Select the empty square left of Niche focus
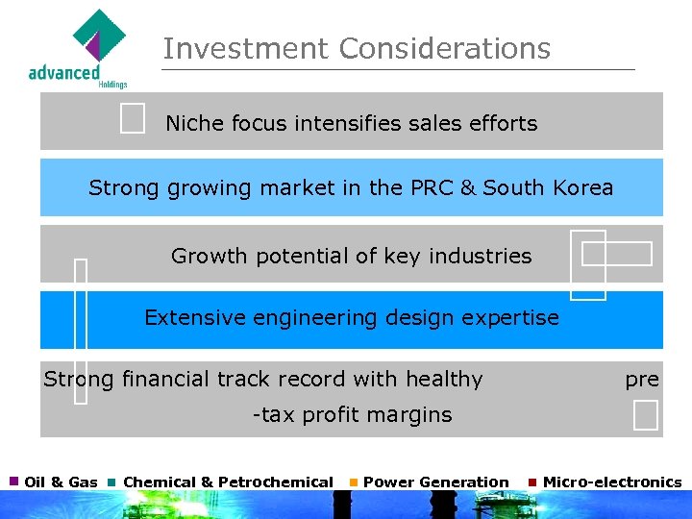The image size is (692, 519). pos(134,119)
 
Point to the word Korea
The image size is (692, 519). pos(582,187)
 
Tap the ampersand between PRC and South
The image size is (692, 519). pos(468,187)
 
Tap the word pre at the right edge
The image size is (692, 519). pos(642,380)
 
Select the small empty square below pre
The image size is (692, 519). pos(646,415)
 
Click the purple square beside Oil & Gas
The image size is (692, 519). pos(14,481)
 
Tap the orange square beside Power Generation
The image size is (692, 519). pos(354,482)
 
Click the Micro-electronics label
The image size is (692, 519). pos(612,482)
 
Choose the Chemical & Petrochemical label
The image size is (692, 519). pos(228,482)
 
